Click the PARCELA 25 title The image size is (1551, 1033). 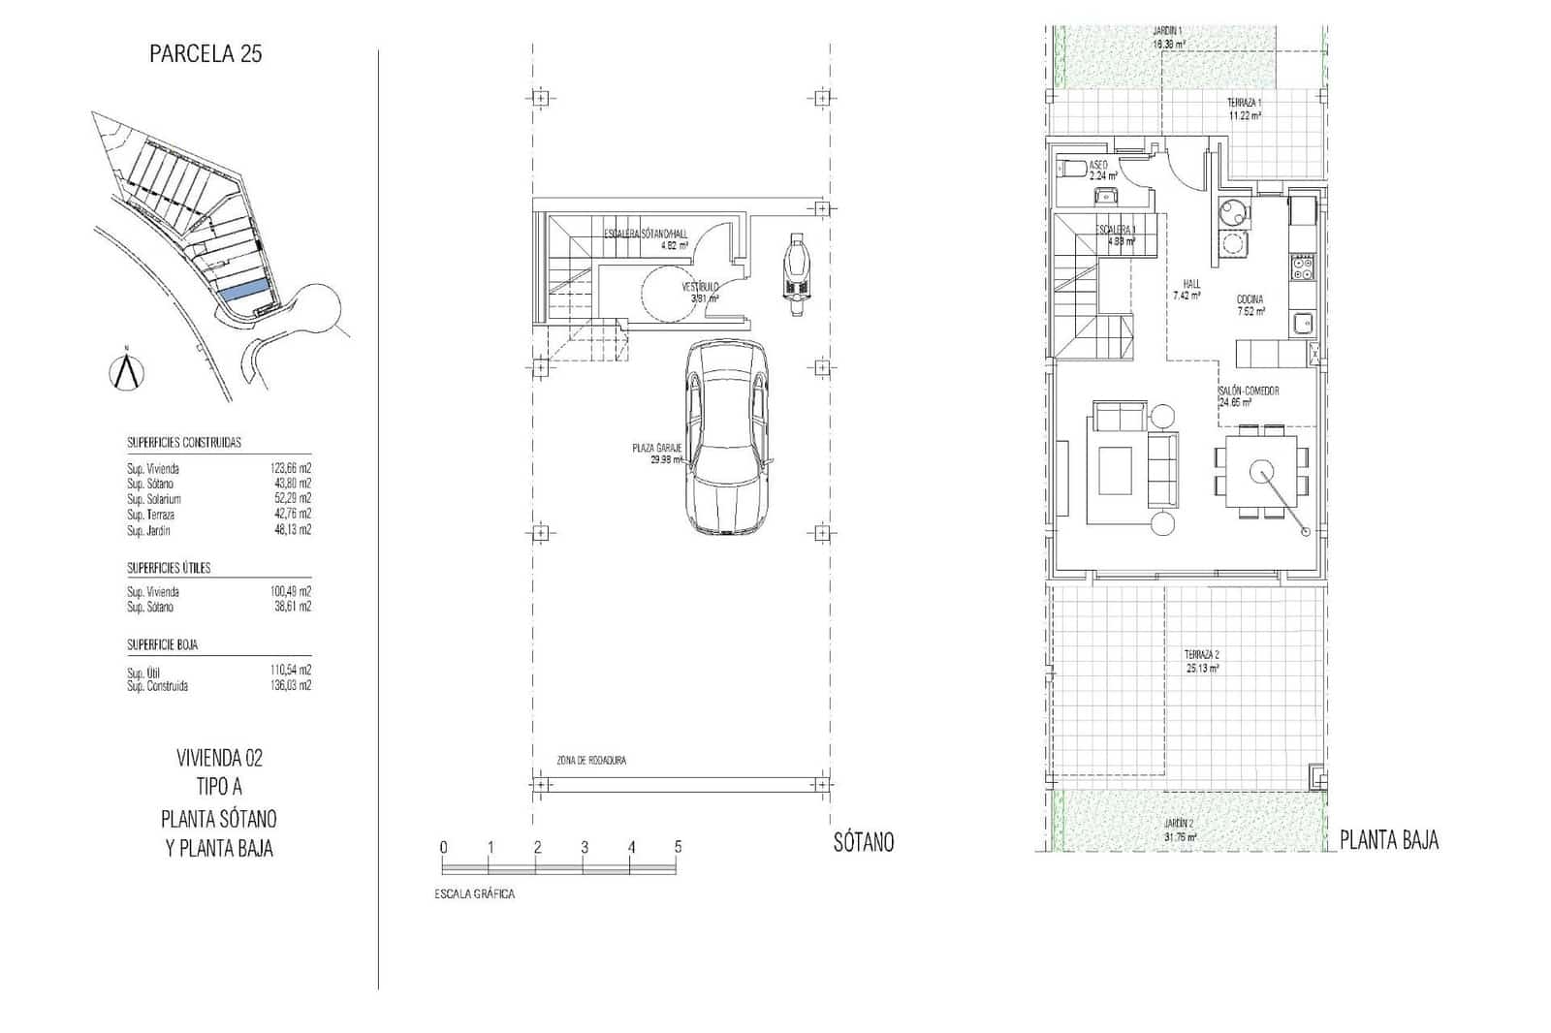point(206,54)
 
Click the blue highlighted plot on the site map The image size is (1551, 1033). point(242,289)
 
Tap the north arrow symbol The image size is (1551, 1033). point(125,372)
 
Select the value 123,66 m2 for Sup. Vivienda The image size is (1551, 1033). point(291,468)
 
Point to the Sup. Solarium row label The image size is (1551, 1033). point(153,499)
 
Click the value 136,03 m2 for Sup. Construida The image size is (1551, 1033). point(291,686)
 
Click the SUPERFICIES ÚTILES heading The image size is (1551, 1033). point(169,568)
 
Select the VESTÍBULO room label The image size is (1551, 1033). point(700,288)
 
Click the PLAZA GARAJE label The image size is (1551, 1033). point(657,448)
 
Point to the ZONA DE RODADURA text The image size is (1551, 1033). point(590,761)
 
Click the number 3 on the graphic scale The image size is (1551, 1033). point(585,847)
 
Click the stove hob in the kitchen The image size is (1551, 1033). point(1302,266)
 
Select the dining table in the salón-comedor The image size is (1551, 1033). point(1261,472)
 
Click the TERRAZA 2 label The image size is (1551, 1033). point(1202,654)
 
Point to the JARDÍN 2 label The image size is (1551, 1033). point(1179,824)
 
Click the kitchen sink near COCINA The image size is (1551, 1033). point(1302,324)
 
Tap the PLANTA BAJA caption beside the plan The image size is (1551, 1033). point(1388,841)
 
